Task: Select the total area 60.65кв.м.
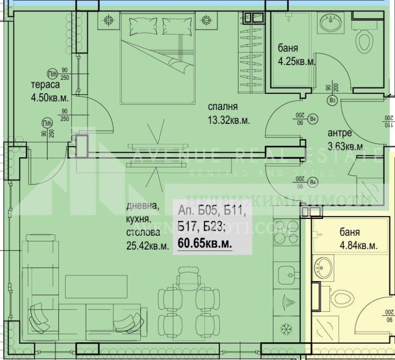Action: click(205, 243)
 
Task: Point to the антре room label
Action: click(340, 133)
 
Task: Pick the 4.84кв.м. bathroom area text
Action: click(358, 245)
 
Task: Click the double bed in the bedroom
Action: click(156, 54)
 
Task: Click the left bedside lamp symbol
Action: click(108, 20)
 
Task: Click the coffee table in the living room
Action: click(97, 283)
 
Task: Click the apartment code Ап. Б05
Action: click(195, 211)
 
